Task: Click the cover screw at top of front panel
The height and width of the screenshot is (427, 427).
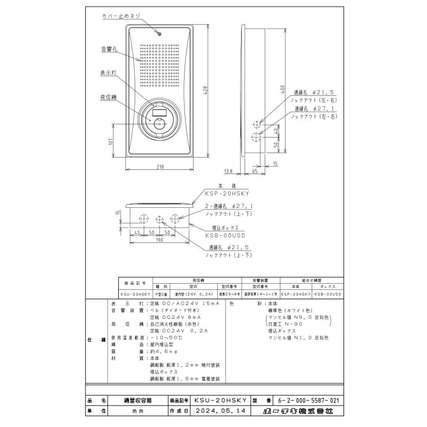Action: [160, 34]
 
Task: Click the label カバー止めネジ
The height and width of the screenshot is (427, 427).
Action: [121, 16]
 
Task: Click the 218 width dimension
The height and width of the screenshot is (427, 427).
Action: [160, 167]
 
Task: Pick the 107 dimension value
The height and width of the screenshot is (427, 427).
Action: [111, 142]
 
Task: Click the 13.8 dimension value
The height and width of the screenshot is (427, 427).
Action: [228, 171]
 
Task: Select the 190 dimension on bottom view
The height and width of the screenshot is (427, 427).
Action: [159, 240]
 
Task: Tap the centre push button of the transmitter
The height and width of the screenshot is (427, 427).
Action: [159, 124]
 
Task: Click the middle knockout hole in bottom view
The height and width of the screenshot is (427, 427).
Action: [159, 219]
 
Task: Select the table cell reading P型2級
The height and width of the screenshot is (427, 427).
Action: [160, 294]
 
